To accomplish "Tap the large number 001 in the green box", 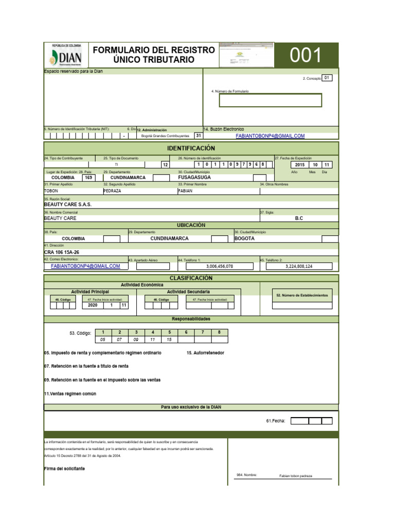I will click(306, 55).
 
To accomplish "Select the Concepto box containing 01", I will click(327, 78).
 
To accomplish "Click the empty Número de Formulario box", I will click(270, 100).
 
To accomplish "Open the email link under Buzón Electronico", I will click(270, 136).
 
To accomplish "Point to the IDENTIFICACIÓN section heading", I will click(190, 148).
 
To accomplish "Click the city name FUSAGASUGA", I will click(194, 177).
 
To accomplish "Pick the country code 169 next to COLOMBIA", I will click(88, 177).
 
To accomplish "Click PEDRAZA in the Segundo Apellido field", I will click(113, 191).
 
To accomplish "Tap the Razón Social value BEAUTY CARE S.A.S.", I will click(68, 204).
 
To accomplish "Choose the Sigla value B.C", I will click(299, 218).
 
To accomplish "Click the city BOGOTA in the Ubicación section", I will click(244, 239).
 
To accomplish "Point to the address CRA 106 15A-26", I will click(62, 253).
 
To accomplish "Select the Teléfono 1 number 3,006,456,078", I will click(219, 267).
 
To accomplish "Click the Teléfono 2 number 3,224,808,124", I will click(299, 267).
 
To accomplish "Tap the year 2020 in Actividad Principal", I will click(93, 305).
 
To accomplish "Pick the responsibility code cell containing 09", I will click(136, 340).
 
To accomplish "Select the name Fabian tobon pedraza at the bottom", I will click(296, 476).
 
